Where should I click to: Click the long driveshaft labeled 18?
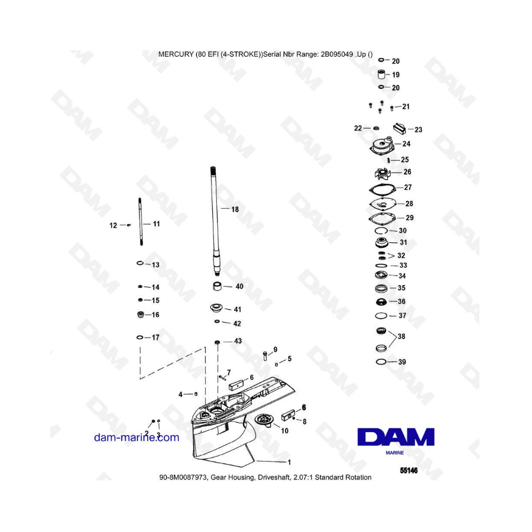pos(215,219)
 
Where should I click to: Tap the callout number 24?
pos(407,144)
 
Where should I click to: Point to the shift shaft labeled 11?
pos(140,223)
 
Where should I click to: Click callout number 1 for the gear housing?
pos(289,462)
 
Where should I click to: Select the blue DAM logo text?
pos(395,437)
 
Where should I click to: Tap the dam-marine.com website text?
pos(136,437)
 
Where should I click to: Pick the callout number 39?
pos(402,362)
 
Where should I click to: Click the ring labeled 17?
pos(140,338)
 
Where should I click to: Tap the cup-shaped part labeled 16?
pos(140,314)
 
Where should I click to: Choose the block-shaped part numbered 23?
pos(400,127)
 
